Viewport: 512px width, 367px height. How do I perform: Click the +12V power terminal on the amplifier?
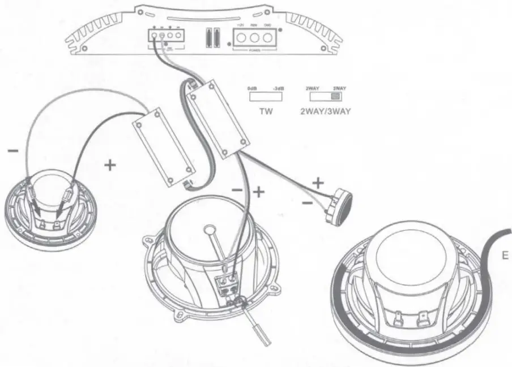240,38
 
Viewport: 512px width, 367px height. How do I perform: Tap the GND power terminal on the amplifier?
268,38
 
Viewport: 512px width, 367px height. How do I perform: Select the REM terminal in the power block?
254,38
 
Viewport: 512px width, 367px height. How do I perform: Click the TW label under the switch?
266,111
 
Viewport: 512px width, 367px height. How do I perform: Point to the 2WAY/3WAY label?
325,111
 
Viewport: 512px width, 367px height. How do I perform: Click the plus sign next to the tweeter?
318,183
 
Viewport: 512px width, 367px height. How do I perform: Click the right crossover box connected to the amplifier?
218,116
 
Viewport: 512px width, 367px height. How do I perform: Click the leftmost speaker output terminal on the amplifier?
154,36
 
